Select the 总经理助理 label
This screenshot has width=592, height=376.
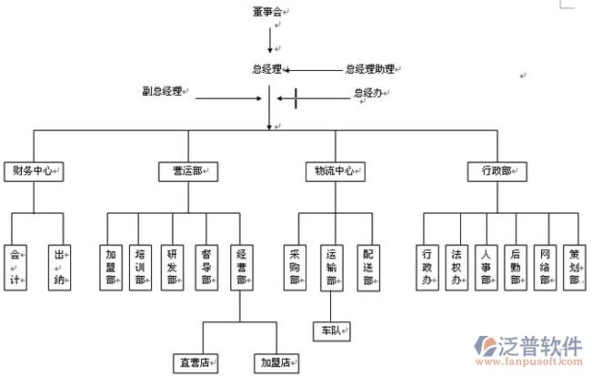(368, 68)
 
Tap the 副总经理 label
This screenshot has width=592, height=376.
(162, 91)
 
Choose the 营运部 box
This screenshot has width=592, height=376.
(188, 170)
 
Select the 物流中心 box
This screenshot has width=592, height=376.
(335, 170)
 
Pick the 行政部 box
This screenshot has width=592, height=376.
(497, 170)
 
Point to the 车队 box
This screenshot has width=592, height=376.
(329, 330)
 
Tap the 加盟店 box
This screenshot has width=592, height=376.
(276, 361)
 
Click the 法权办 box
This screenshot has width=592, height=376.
(457, 266)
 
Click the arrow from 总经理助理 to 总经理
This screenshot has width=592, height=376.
(314, 69)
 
